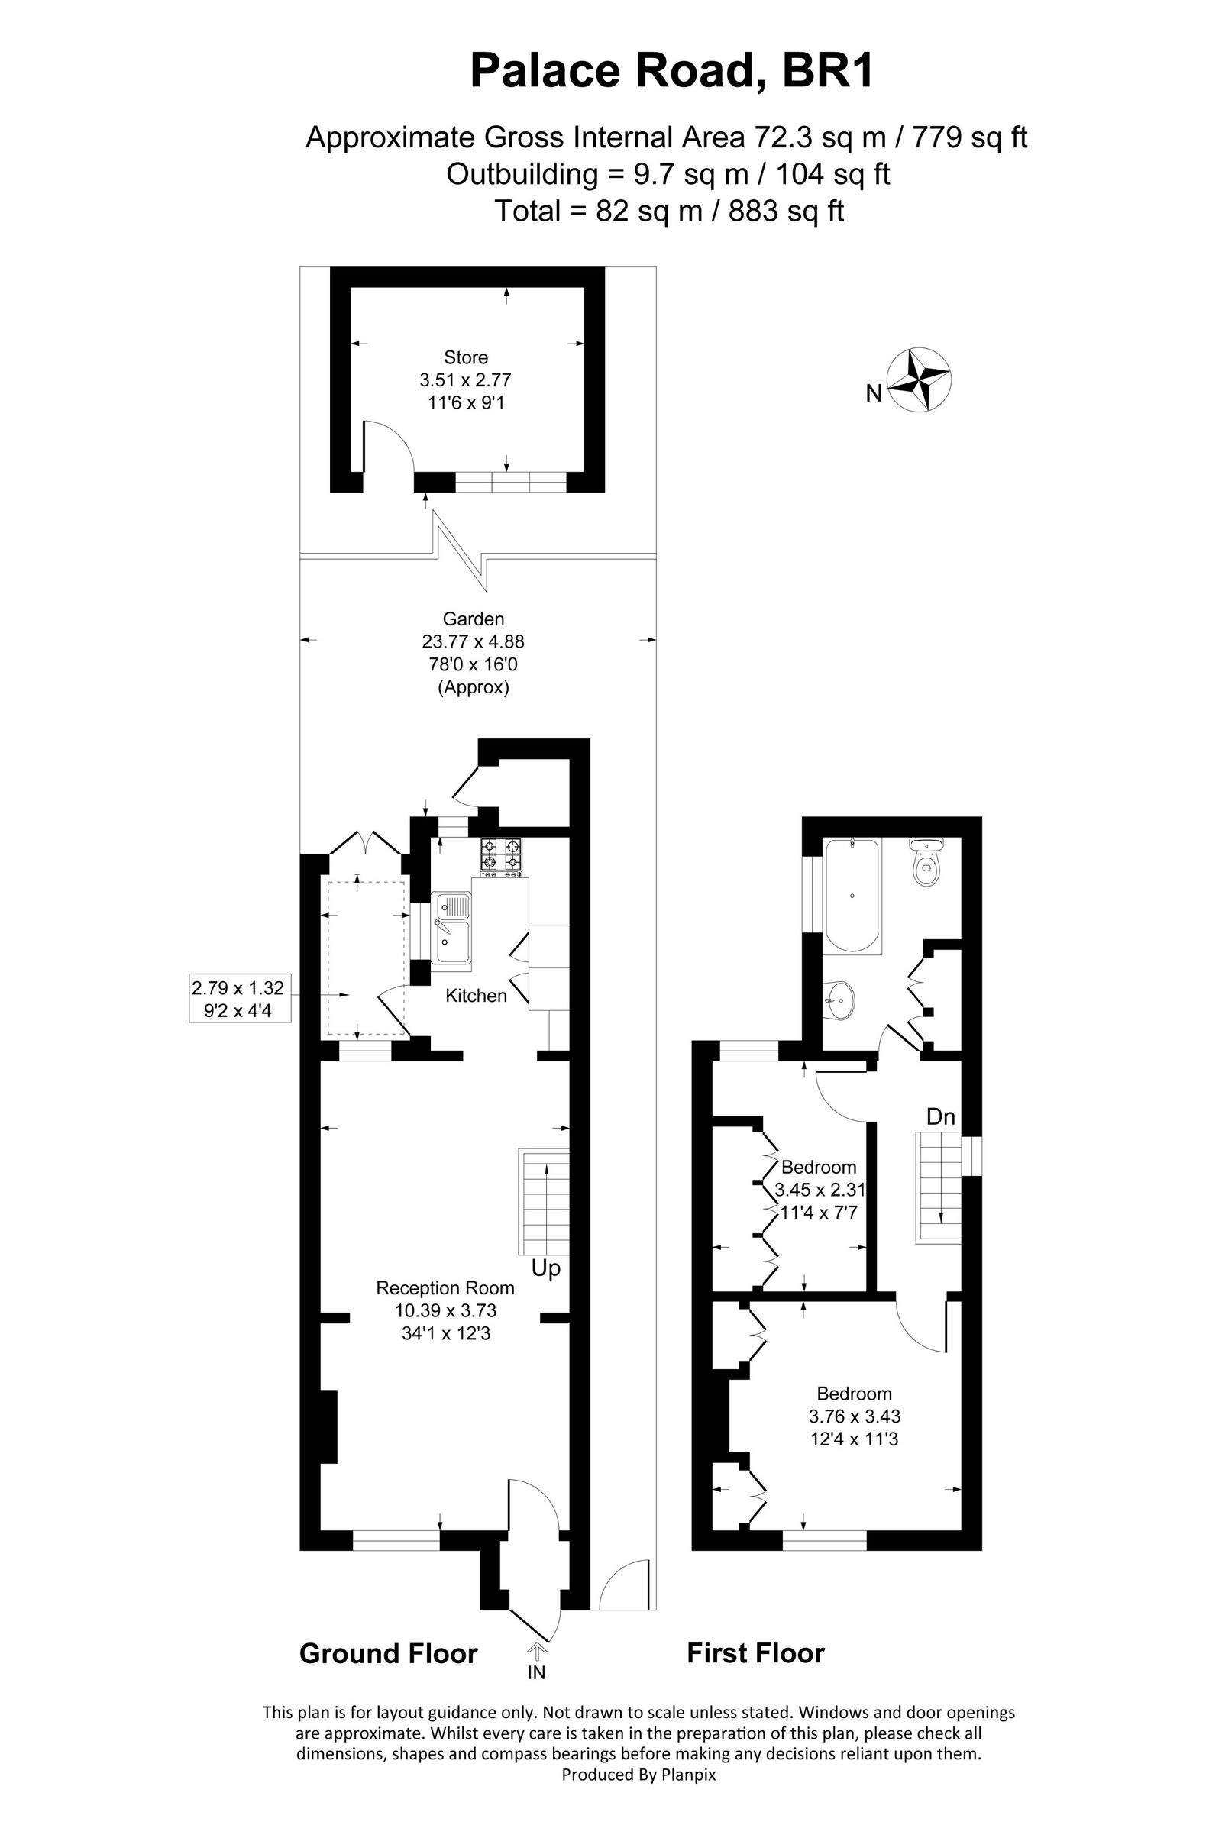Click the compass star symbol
920,380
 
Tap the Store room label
466,357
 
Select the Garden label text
473,619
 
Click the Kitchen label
476,996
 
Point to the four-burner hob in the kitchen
501,859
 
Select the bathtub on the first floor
852,897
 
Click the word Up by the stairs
545,1268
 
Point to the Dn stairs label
941,1116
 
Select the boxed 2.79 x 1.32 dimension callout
239,998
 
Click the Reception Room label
445,1288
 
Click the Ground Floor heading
388,1653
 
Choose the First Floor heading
755,1653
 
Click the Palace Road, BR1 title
673,71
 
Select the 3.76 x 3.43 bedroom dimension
854,1416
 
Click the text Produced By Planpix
638,1775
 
